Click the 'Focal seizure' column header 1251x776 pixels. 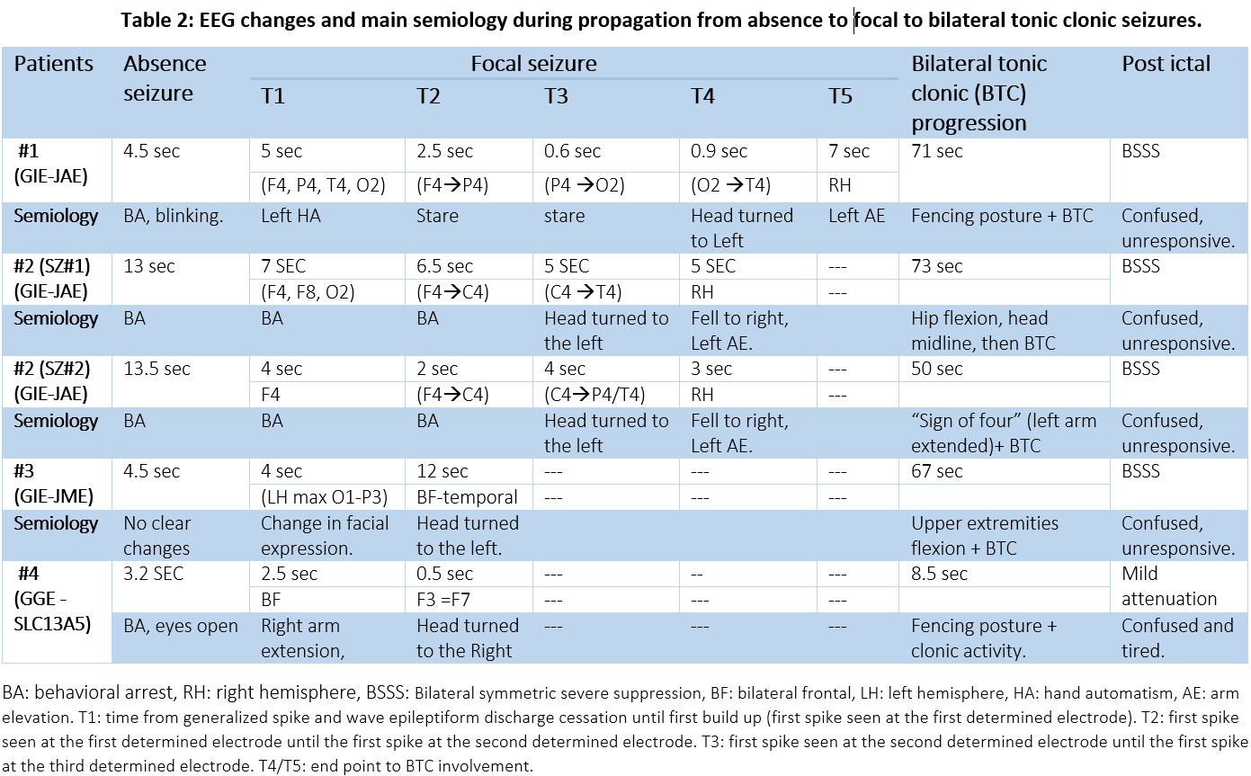tap(533, 64)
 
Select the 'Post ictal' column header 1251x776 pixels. tap(1166, 64)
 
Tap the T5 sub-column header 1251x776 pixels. tap(840, 95)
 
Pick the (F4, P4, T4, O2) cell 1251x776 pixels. tap(323, 185)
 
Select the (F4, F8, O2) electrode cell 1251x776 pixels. tap(308, 291)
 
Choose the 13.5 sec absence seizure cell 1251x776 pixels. tap(158, 369)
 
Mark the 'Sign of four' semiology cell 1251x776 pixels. tap(1004, 433)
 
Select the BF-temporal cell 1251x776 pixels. tap(467, 496)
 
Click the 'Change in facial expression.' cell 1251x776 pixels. tap(325, 536)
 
